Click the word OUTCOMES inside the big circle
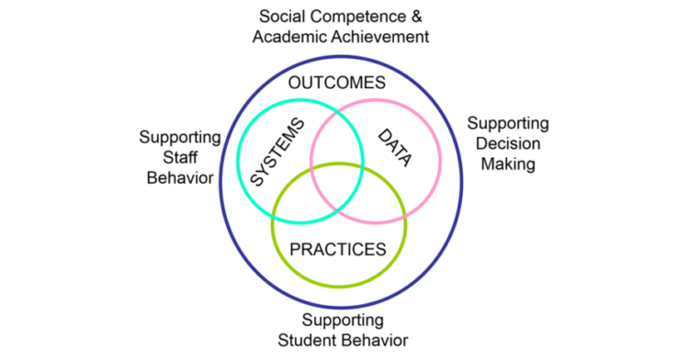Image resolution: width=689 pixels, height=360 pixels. click(x=336, y=84)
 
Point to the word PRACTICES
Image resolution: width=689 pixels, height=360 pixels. click(x=336, y=249)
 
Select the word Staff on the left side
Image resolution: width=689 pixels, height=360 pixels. click(x=179, y=157)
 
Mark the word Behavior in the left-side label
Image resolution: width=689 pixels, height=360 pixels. click(x=179, y=177)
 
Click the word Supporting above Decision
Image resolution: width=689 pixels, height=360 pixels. click(x=508, y=123)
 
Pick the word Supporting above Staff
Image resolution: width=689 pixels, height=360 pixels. click(x=179, y=137)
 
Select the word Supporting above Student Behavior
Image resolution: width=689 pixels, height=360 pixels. click(x=343, y=321)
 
